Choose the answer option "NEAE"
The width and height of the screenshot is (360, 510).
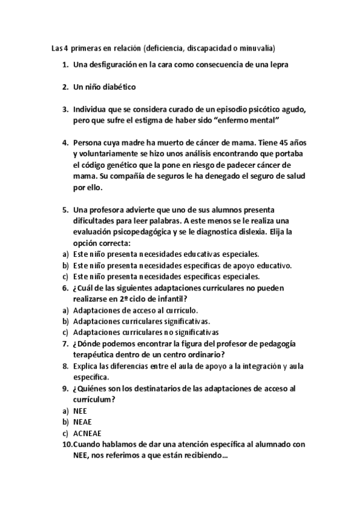click(82, 422)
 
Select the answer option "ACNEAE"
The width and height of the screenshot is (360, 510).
click(86, 433)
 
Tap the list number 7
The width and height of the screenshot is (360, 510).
click(65, 343)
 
